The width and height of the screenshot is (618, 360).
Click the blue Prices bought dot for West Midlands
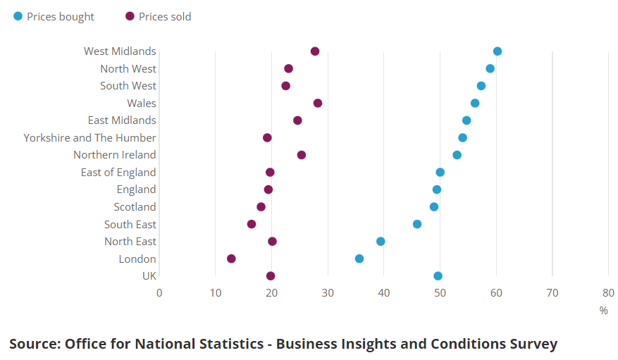pyautogui.click(x=498, y=51)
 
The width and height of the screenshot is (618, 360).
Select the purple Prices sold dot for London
pyautogui.click(x=231, y=259)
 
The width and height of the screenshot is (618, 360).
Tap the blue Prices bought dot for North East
pyautogui.click(x=381, y=242)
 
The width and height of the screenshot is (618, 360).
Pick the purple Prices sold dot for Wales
pyautogui.click(x=318, y=103)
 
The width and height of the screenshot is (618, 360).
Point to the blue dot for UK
pyautogui.click(x=438, y=276)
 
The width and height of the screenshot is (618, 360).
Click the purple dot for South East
pyautogui.click(x=252, y=224)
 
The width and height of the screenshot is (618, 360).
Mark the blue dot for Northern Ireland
pyautogui.click(x=457, y=155)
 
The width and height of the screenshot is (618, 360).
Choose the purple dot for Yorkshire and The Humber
pyautogui.click(x=267, y=137)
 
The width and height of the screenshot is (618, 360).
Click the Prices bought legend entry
pyautogui.click(x=54, y=17)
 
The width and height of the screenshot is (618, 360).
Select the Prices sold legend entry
pyautogui.click(x=158, y=17)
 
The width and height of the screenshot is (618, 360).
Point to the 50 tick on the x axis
pyautogui.click(x=440, y=293)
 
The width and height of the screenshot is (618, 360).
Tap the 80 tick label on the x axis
pyautogui.click(x=608, y=293)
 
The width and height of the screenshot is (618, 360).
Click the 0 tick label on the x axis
pyautogui.click(x=159, y=293)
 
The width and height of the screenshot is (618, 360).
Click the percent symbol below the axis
pyautogui.click(x=603, y=311)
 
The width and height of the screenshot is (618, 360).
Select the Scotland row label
pyautogui.click(x=135, y=207)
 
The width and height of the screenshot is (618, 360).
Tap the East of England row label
pyautogui.click(x=118, y=173)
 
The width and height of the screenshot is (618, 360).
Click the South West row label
pyautogui.click(x=128, y=86)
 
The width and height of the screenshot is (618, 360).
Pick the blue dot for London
pyautogui.click(x=359, y=259)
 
